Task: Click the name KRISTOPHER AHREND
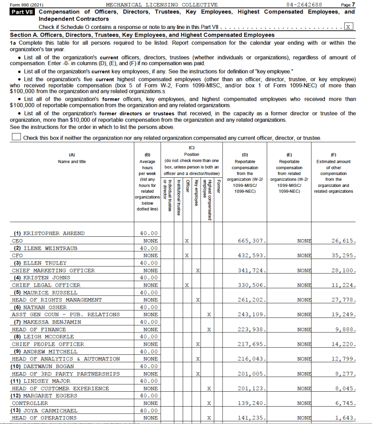(54, 233)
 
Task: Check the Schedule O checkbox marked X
(349, 27)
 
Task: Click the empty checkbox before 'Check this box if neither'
(16, 137)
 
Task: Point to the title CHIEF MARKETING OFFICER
(53, 270)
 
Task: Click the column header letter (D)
(245, 154)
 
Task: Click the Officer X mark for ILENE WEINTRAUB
(187, 256)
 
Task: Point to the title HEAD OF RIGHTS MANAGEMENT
(56, 300)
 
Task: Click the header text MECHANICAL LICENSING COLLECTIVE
(162, 5)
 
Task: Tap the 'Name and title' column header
(72, 162)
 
